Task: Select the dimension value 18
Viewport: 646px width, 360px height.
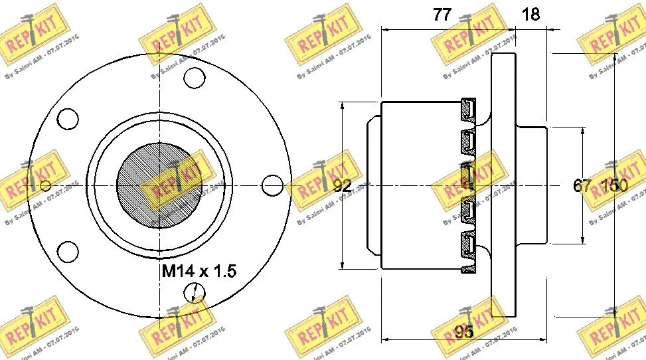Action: click(532, 14)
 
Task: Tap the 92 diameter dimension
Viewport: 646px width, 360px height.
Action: click(342, 187)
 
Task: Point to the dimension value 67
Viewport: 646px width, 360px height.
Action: click(582, 187)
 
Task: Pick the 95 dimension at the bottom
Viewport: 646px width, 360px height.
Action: click(464, 331)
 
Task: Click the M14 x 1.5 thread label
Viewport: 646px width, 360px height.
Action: click(199, 271)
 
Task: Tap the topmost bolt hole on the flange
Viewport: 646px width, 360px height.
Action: click(193, 78)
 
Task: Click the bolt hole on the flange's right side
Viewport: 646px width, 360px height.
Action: click(272, 184)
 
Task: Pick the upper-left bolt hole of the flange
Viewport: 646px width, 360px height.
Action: click(68, 118)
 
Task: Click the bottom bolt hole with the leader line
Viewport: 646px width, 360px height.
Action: click(193, 293)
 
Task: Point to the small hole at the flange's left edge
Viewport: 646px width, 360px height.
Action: click(44, 185)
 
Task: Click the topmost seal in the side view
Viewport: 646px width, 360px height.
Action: click(469, 110)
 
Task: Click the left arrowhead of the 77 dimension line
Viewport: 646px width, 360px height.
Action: click(386, 29)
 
